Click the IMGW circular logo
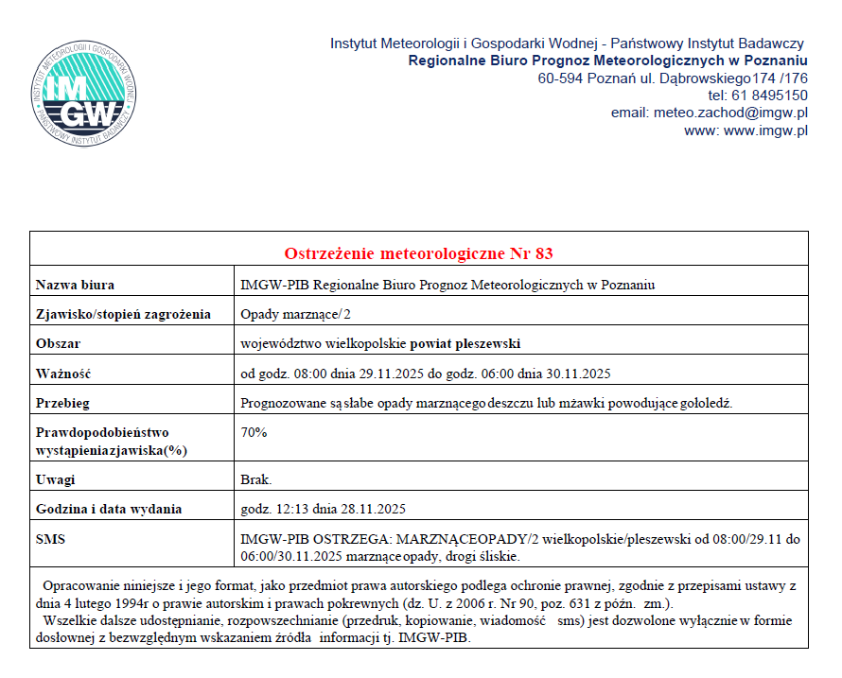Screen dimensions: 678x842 point(86,91)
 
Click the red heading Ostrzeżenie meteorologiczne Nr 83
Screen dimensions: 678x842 point(418,253)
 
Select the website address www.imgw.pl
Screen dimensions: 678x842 point(765,130)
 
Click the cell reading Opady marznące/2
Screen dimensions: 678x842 point(299,314)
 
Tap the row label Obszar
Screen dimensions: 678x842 point(58,343)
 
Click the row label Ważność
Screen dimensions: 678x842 point(62,374)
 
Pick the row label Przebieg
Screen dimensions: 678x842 point(62,403)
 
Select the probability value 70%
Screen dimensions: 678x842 point(254,432)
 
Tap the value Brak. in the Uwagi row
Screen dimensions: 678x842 point(257,479)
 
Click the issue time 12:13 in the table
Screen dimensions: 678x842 point(291,509)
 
